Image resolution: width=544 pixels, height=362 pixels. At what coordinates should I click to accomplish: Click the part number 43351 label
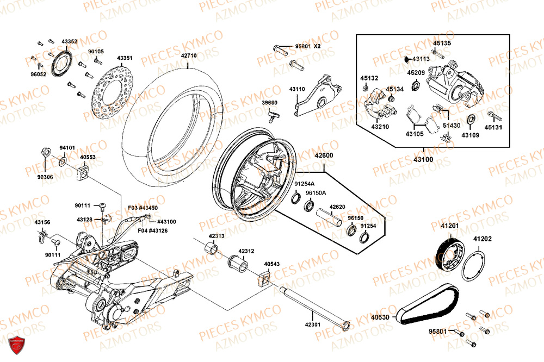124,57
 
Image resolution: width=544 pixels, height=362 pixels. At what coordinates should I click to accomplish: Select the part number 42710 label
189,56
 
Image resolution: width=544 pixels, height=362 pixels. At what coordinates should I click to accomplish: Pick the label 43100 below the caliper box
424,159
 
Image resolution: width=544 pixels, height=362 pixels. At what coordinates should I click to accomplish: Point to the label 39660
269,102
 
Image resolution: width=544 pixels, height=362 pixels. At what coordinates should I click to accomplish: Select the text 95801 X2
308,46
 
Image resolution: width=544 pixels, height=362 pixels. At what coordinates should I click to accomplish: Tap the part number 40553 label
88,157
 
